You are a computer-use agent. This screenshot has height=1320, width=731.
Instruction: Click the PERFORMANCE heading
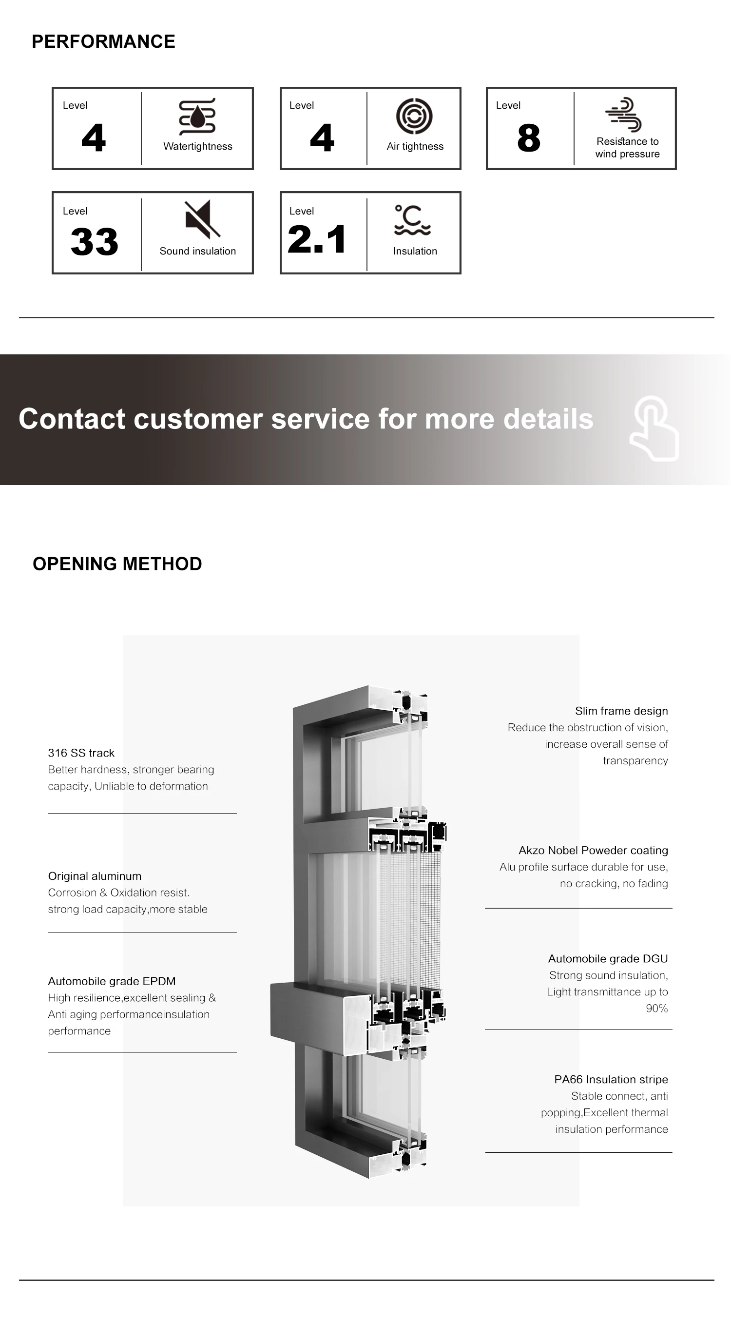[x=103, y=41]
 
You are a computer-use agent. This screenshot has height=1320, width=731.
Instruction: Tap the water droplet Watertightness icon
[x=197, y=116]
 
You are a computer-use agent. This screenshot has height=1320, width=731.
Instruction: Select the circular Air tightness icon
[x=414, y=116]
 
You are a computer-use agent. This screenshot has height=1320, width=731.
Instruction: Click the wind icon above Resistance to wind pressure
[x=623, y=114]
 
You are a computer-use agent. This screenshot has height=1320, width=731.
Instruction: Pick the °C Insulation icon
[x=412, y=220]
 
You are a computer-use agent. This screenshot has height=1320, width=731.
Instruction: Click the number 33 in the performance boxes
[x=94, y=241]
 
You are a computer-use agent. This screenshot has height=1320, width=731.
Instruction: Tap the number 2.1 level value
[x=317, y=239]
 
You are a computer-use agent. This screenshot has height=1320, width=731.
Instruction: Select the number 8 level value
[x=529, y=138]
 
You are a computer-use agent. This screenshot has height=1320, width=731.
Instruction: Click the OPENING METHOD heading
[x=117, y=563]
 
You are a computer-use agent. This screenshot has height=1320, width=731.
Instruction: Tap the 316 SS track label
[x=81, y=753]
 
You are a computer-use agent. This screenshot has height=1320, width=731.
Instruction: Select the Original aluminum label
[x=95, y=876]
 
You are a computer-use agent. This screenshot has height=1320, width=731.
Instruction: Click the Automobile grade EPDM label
[x=112, y=981]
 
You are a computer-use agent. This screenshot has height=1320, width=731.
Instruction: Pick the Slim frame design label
[x=621, y=711]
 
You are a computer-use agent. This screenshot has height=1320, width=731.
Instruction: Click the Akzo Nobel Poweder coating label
[x=593, y=850]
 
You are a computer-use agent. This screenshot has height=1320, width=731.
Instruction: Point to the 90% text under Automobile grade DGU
[x=656, y=1008]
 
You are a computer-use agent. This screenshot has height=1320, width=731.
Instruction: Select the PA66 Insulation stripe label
[x=611, y=1079]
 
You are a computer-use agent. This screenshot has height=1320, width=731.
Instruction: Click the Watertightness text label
[x=198, y=147]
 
